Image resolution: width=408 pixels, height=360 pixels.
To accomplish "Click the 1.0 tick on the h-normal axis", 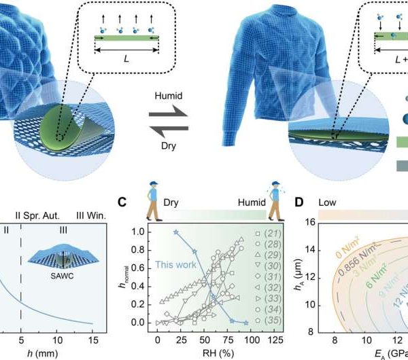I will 138,232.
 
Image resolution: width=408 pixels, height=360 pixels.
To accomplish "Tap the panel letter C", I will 122,201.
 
